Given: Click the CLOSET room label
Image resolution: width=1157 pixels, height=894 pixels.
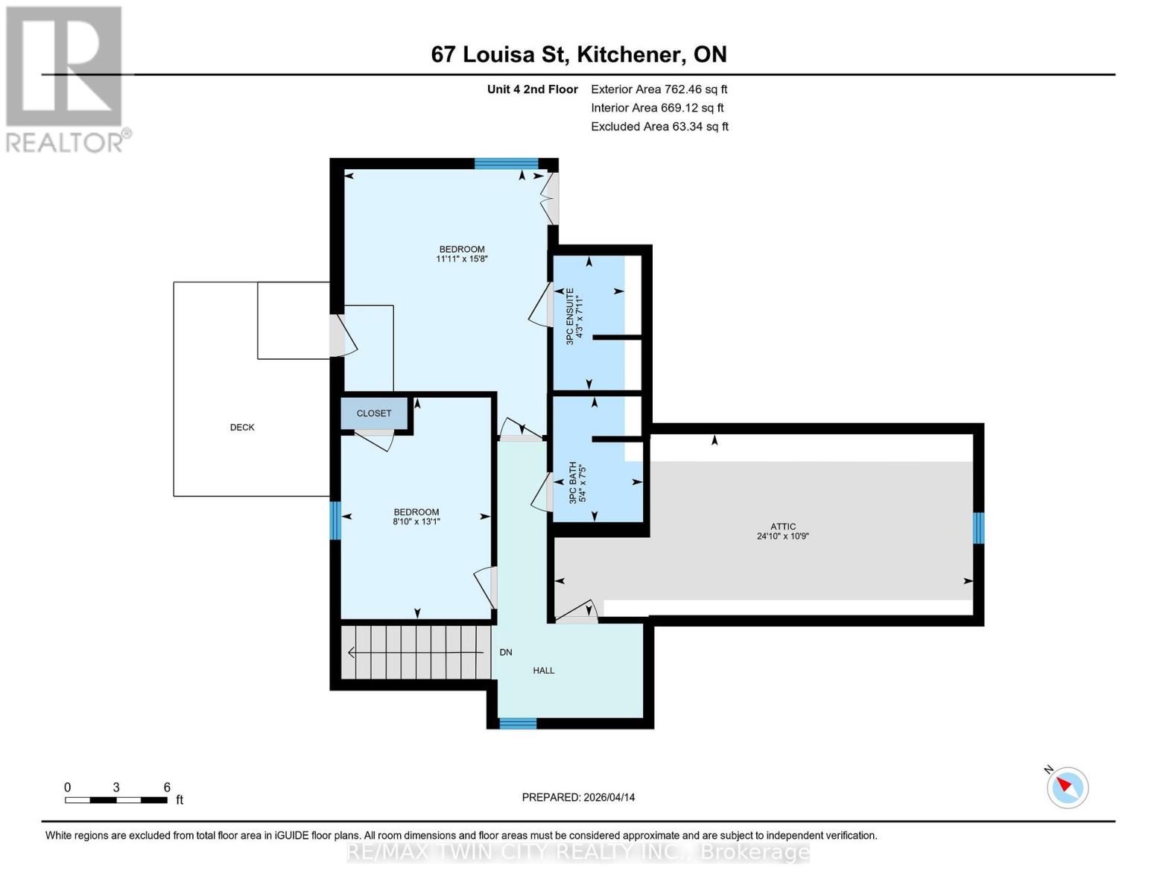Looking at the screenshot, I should [x=373, y=413].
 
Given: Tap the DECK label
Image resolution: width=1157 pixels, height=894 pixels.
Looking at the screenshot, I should [x=242, y=428].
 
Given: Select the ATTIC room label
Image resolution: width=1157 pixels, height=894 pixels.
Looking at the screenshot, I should [x=783, y=527].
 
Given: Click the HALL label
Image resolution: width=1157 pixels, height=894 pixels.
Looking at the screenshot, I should [x=543, y=670].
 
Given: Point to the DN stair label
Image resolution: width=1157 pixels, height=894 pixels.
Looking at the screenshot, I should [x=506, y=653].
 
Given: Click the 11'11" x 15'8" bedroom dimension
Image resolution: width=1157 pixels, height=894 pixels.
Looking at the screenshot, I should [x=461, y=259].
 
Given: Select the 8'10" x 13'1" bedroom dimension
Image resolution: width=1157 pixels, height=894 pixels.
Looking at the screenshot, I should [x=416, y=522].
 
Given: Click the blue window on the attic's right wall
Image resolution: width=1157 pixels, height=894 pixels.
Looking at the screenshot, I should [x=978, y=527].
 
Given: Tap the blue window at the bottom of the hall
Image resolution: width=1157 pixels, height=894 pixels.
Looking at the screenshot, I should [x=517, y=723].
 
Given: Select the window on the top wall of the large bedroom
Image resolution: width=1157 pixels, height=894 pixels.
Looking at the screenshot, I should [x=507, y=164].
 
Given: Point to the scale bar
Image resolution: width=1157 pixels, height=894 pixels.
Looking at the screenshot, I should [x=116, y=800].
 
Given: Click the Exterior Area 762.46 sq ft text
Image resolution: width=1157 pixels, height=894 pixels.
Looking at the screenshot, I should [x=659, y=89].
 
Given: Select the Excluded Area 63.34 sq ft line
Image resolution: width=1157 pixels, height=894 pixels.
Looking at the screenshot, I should [x=659, y=127].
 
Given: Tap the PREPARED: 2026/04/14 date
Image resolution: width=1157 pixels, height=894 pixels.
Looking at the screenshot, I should [x=578, y=797].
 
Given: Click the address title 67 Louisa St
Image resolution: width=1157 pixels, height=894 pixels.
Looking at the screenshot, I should [x=579, y=54].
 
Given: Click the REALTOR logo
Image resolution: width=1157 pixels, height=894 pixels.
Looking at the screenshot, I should [x=66, y=78].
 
